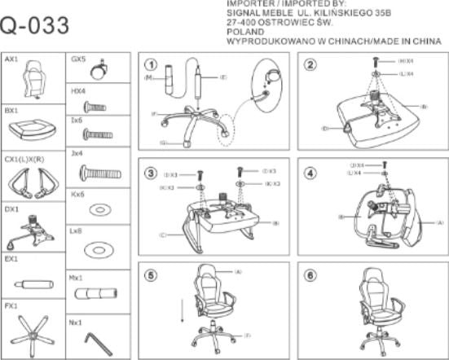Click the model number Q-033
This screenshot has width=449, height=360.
(35, 26)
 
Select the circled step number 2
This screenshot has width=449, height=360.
(310, 65)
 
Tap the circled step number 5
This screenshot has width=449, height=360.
(151, 274)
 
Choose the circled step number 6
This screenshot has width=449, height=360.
(310, 274)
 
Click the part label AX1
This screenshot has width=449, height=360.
(12, 60)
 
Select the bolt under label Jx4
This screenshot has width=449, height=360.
(98, 173)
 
